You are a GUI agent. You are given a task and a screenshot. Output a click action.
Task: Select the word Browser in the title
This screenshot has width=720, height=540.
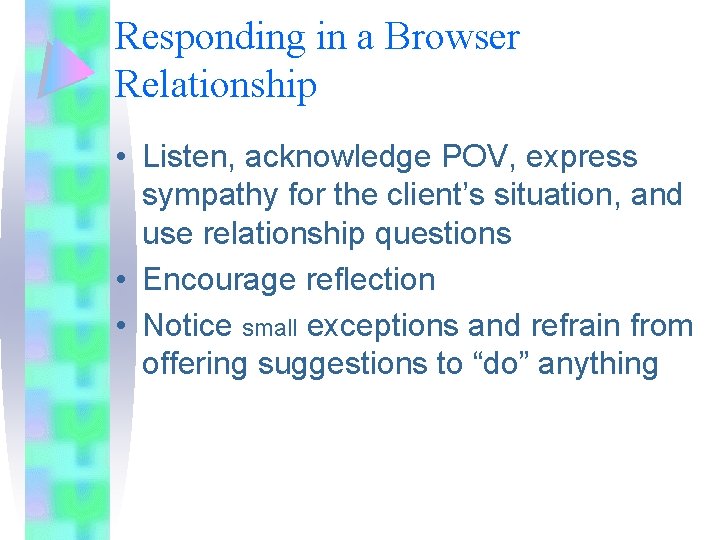[x=452, y=38]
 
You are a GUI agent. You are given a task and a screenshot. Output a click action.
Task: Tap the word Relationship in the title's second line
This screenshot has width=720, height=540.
[x=216, y=85]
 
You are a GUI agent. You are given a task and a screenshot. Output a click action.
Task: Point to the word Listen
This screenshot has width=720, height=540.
[x=189, y=157]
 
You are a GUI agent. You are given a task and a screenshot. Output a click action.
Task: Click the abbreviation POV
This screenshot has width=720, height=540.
[x=467, y=157]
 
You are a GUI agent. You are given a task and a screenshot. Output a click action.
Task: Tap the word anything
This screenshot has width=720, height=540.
[x=598, y=365]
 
